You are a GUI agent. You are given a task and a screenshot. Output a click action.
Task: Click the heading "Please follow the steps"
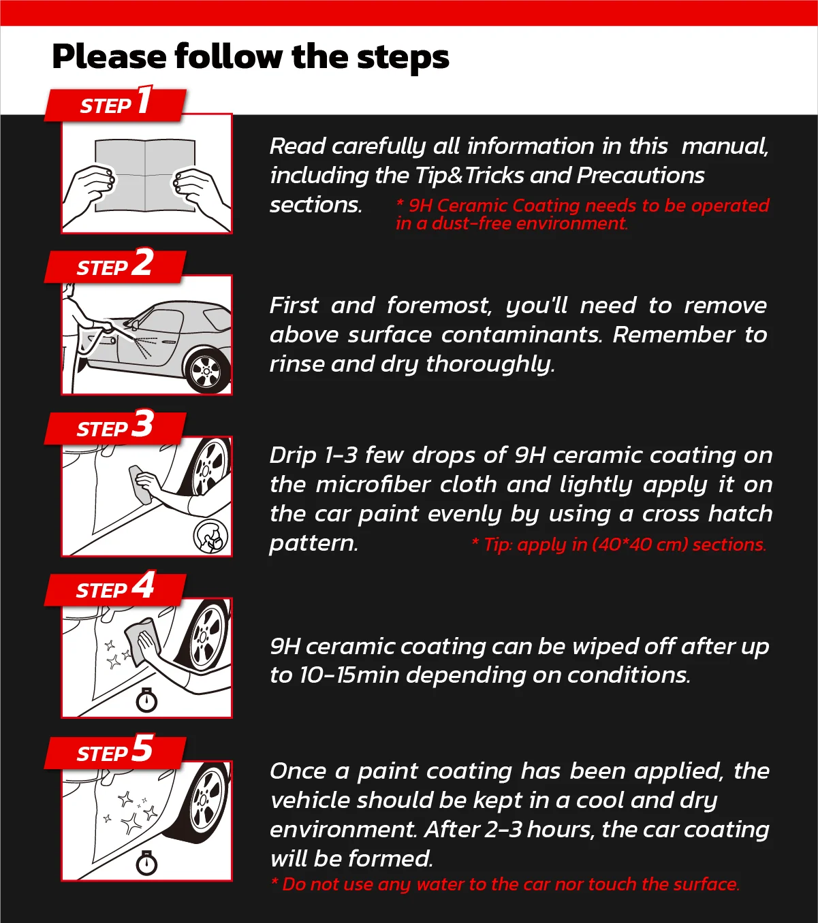(x=250, y=56)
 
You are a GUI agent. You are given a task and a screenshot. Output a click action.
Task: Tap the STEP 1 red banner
(x=115, y=104)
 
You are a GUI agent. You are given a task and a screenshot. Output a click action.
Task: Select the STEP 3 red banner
(x=115, y=427)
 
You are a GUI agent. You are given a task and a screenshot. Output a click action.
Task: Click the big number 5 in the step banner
(x=142, y=749)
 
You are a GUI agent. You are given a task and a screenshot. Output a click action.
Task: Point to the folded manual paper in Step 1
(x=145, y=175)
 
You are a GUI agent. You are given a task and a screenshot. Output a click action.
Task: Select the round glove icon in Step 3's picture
(x=211, y=536)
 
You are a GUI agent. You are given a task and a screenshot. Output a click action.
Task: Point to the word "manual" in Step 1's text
(x=724, y=146)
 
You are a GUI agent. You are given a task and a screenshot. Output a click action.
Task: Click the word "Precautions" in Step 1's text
(x=640, y=176)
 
